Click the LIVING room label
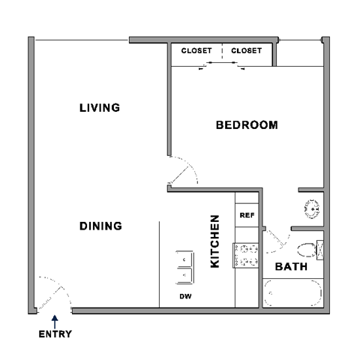(x=100, y=108)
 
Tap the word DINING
(x=101, y=226)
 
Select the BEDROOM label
(x=247, y=125)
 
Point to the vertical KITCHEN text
(x=215, y=242)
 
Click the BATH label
(x=289, y=267)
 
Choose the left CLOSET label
(x=197, y=51)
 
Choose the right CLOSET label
(x=246, y=51)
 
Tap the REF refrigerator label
(x=247, y=215)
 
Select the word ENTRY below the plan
(x=55, y=334)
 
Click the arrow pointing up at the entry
(x=55, y=320)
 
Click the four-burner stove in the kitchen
(x=247, y=254)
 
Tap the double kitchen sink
(x=183, y=268)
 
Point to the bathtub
(x=293, y=292)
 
